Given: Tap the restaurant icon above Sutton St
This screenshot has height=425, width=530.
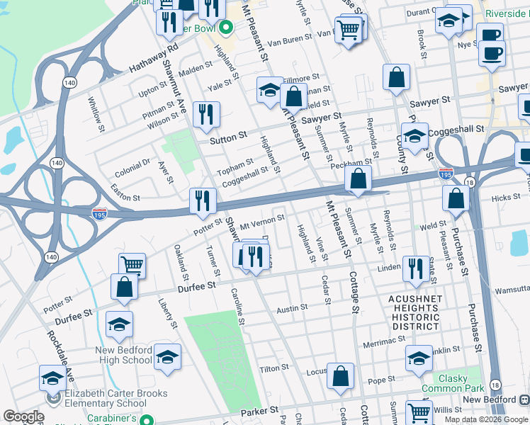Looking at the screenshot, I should pyautogui.click(x=206, y=115).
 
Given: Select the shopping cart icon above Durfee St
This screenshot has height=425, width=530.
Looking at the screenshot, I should pyautogui.click(x=132, y=266).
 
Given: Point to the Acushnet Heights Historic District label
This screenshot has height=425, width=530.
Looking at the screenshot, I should pyautogui.click(x=415, y=312).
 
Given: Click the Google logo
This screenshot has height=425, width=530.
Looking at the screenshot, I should pyautogui.click(x=23, y=416).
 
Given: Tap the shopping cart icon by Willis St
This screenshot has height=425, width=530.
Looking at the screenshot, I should pyautogui.click(x=419, y=412).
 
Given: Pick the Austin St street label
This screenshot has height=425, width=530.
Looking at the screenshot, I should pyautogui.click(x=291, y=308).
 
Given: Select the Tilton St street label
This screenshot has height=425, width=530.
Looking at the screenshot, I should pyautogui.click(x=270, y=369).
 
